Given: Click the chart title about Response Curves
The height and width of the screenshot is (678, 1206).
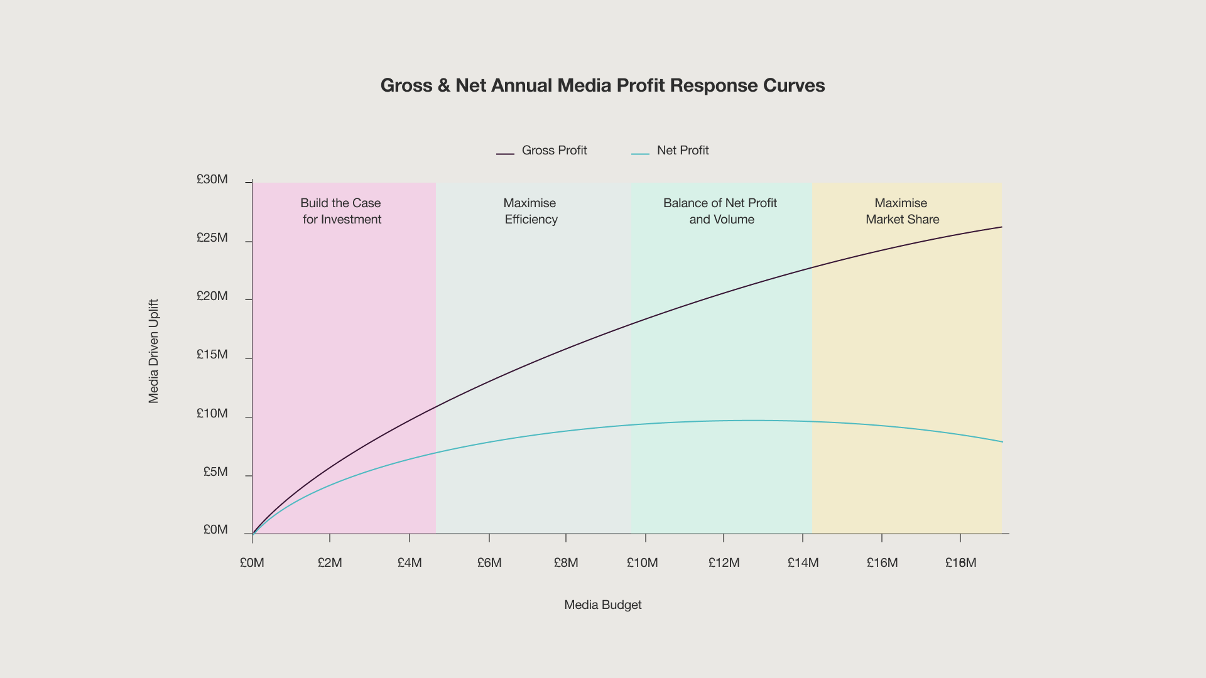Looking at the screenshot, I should click(602, 85).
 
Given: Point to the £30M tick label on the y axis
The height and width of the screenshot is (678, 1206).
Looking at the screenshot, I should click(212, 180).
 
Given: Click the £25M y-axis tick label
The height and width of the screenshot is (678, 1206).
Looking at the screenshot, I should click(212, 238).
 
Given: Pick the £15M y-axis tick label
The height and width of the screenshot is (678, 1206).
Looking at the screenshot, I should click(212, 355).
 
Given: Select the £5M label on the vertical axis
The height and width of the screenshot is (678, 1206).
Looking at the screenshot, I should click(215, 472).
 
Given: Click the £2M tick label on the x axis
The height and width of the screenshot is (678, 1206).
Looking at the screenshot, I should click(330, 563).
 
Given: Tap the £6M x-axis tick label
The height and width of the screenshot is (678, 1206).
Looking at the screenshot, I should click(489, 563).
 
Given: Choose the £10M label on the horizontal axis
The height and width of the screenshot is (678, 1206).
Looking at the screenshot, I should click(643, 563).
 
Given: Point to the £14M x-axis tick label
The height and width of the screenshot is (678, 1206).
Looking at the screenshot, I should click(803, 563).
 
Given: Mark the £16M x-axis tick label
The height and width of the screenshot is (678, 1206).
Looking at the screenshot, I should click(883, 563).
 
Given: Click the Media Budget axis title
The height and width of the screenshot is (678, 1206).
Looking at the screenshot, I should click(603, 605).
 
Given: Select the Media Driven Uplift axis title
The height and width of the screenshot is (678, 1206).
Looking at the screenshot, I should click(154, 351).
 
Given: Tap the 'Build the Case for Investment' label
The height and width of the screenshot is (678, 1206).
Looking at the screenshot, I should click(341, 211).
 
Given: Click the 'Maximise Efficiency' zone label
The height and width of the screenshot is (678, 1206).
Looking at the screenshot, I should click(530, 211).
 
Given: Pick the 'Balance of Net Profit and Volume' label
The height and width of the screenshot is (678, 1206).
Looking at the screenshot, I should click(720, 211).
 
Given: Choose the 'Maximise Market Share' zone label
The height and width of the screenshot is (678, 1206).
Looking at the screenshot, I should click(902, 211).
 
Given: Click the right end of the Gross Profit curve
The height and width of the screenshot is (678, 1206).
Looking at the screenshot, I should click(1001, 227).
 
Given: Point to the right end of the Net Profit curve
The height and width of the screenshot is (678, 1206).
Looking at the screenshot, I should click(1002, 442).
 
